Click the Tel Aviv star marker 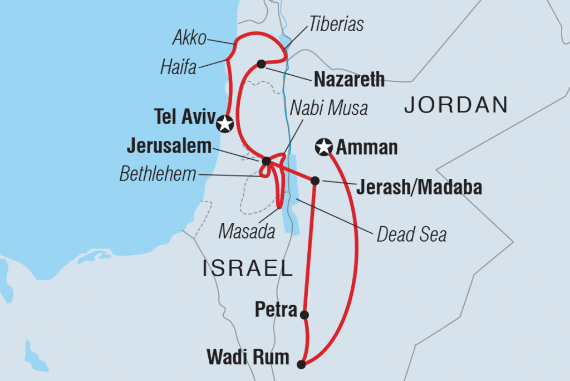point(225,123)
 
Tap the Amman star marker point(323,147)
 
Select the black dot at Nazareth point(261,64)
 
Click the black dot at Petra point(304,315)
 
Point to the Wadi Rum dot point(301,365)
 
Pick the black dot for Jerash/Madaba point(315,180)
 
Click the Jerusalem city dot point(266,162)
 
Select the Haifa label point(178,68)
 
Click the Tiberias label point(336,24)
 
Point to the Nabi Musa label point(328,108)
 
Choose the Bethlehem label point(158,174)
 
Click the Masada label point(247,231)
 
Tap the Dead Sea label point(411,235)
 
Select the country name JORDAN point(456,105)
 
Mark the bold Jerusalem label point(169,146)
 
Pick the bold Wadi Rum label point(248,358)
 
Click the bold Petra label point(276,310)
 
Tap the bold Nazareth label point(349,79)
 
